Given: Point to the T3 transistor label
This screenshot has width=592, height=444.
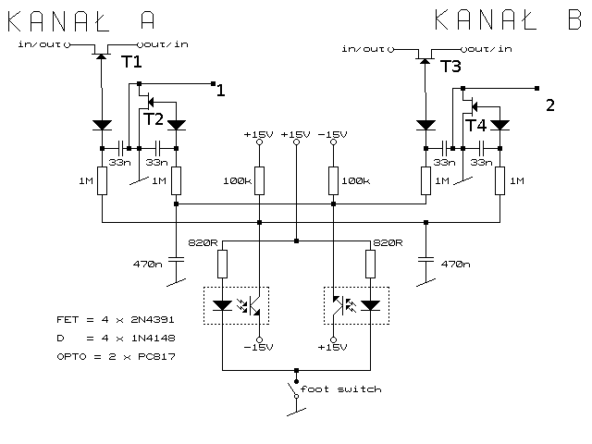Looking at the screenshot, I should [x=450, y=66].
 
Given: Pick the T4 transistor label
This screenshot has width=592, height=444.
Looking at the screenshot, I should [x=475, y=125].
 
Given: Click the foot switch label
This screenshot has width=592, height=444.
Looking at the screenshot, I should [x=344, y=389].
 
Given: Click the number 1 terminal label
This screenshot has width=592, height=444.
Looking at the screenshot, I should [x=220, y=91].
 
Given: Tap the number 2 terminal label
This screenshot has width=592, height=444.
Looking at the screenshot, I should [x=550, y=105].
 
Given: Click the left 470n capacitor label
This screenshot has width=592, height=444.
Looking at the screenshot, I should [x=147, y=265].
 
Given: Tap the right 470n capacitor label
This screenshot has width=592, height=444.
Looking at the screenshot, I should [x=455, y=265].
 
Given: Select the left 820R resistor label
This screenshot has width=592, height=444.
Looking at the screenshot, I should [x=202, y=242].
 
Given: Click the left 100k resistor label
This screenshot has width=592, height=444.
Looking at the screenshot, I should [x=237, y=180].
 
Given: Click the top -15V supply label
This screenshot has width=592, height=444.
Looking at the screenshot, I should [x=331, y=135].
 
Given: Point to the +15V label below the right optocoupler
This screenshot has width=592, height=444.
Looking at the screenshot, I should [x=331, y=348].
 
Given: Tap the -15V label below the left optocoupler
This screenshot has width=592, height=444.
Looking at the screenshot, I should [x=260, y=348].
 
